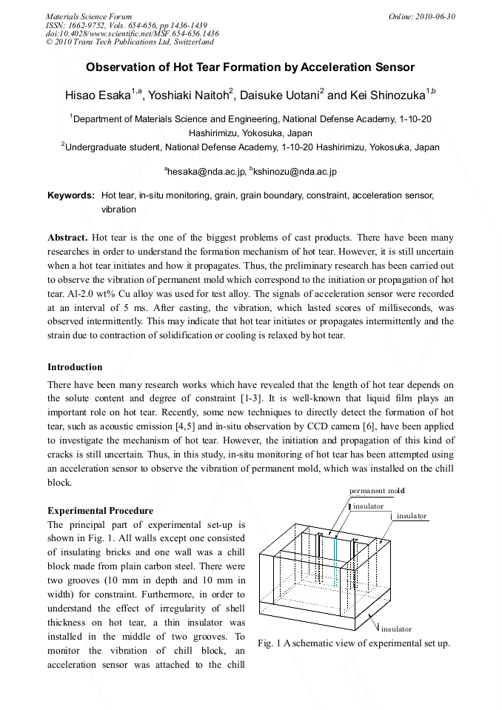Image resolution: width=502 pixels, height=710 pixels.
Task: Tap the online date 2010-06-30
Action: point(422,16)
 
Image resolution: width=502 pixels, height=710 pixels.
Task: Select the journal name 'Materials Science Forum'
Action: point(89,16)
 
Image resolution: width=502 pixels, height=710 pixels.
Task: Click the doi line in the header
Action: point(132,33)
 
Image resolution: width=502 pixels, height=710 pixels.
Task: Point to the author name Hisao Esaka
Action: point(96,95)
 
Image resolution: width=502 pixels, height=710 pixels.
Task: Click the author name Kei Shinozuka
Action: point(386,95)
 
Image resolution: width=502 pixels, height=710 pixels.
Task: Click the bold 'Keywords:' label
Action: point(71,196)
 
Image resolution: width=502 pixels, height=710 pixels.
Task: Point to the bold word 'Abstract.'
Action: point(68,238)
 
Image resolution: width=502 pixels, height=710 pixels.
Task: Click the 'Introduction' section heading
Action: point(75,366)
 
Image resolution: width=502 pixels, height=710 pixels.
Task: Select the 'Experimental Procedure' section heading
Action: point(100,510)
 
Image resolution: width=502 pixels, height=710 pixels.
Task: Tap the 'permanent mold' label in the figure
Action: point(377,491)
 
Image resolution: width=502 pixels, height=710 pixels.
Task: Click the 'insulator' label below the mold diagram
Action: point(397,629)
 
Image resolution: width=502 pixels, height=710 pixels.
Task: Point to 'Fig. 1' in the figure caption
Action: point(269,643)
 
